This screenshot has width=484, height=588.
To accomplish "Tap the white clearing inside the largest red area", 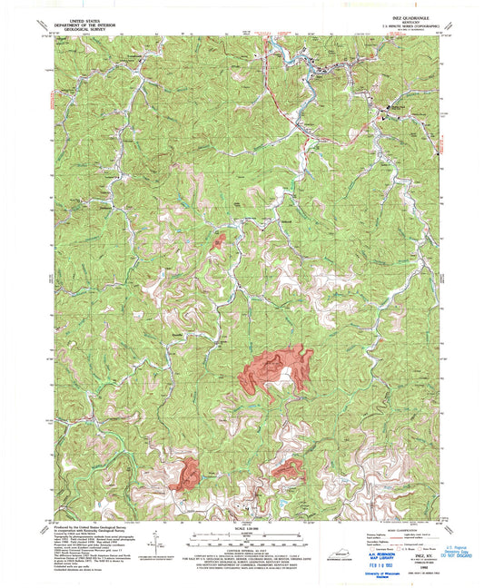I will pos(285,374).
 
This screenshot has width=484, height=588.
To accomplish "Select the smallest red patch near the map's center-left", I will pos(219,240).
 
